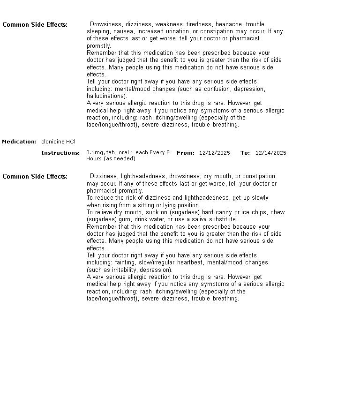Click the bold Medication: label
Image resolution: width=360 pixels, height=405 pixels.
(19, 142)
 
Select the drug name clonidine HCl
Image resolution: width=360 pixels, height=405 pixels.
(58, 142)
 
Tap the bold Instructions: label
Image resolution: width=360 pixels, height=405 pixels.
(60, 153)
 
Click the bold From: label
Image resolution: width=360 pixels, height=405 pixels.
(185, 153)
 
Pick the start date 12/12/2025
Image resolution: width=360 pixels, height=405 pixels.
(214, 153)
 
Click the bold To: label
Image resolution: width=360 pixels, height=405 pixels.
(245, 153)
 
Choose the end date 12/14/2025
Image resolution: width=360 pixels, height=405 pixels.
(270, 153)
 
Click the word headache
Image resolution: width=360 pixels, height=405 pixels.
(229, 24)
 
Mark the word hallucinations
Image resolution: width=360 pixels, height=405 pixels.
(106, 96)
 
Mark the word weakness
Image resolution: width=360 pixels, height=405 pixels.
(169, 24)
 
